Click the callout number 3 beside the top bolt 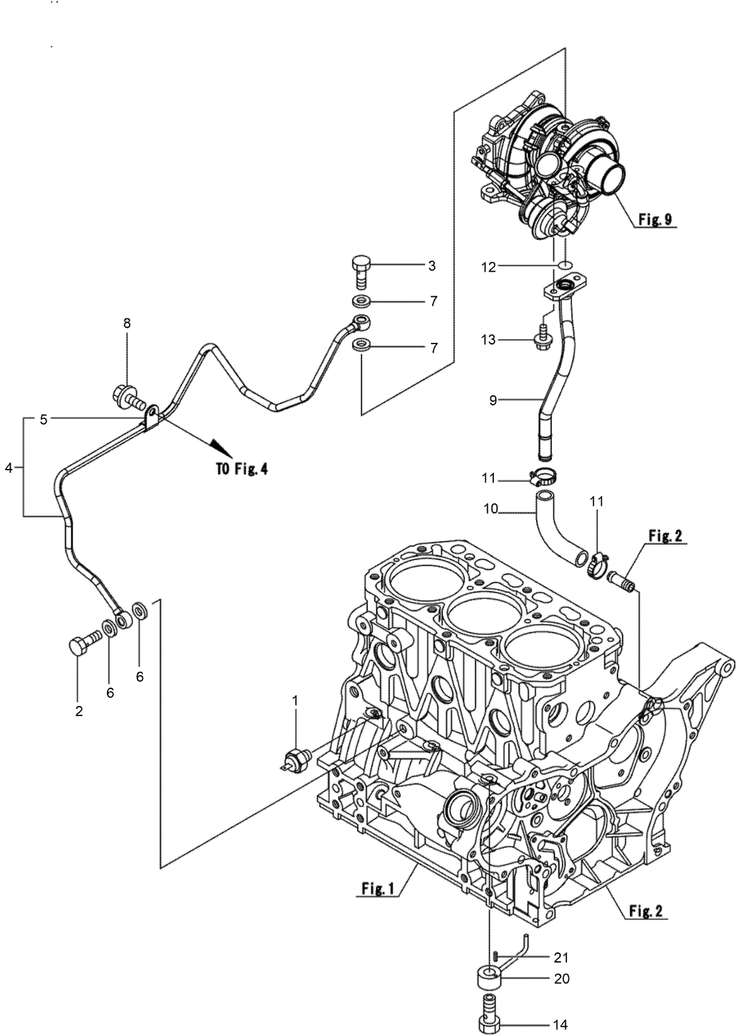click(x=431, y=266)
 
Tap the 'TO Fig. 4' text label click(x=238, y=470)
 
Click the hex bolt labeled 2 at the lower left click(x=82, y=644)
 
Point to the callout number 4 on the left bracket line click(x=8, y=467)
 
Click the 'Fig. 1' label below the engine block click(x=377, y=889)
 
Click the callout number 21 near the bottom click(x=560, y=958)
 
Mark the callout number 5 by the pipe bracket click(x=43, y=419)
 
